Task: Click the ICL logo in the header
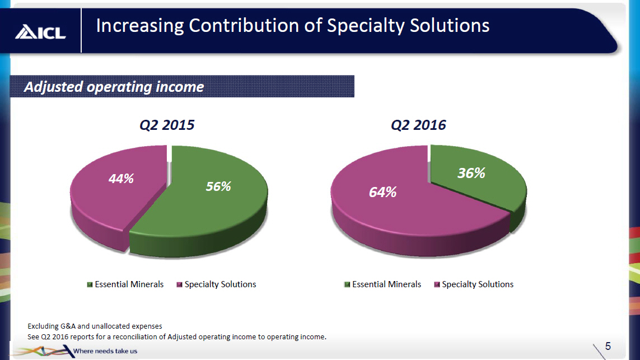pos(40,32)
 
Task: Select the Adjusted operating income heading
pos(114,87)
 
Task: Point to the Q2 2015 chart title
pos(167,125)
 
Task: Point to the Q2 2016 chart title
pos(418,125)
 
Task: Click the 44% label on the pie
pos(121,179)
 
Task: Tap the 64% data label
pos(382,192)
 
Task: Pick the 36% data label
pos(471,174)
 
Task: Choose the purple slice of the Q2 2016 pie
pos(403,218)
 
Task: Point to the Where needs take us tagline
pos(105,351)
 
